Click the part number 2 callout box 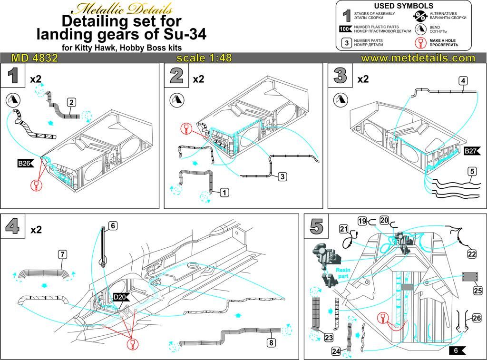point(71,102)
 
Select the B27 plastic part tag point(471,152)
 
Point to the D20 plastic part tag point(119,298)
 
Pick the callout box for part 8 point(271,342)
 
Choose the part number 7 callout point(62,254)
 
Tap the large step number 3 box point(340,76)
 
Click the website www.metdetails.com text point(418,58)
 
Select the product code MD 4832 point(34,58)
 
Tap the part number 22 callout point(471,254)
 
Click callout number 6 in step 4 point(112,226)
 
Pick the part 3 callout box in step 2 point(282,176)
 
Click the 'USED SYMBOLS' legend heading point(404,6)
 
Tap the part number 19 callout point(362,221)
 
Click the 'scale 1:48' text point(204,58)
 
